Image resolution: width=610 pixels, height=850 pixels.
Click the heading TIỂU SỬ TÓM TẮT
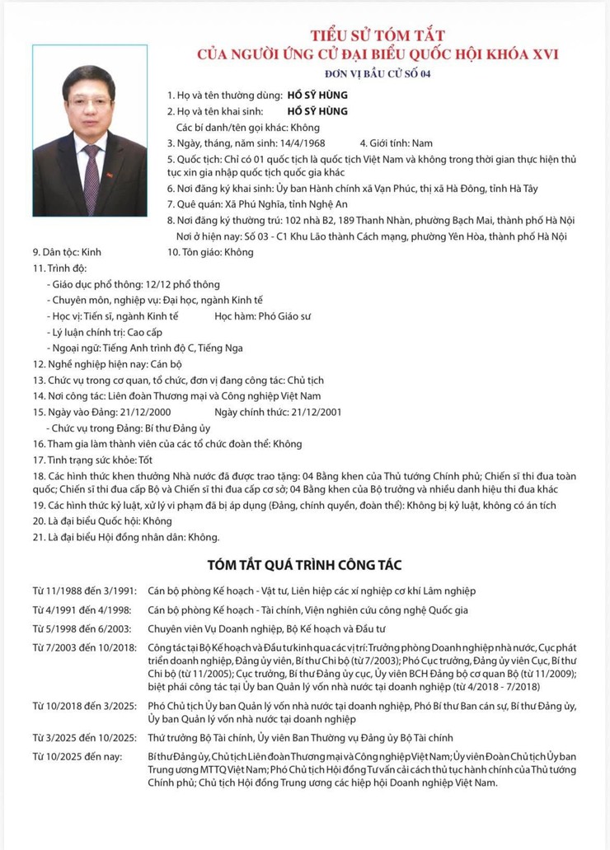click(377, 35)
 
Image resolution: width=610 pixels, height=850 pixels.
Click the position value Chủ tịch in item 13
click(305, 380)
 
